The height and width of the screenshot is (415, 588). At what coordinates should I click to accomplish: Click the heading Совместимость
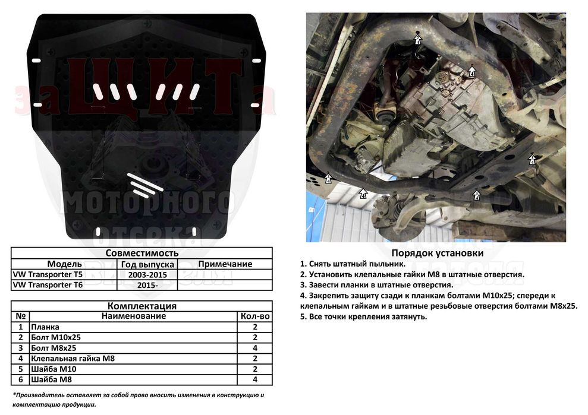click(x=142, y=253)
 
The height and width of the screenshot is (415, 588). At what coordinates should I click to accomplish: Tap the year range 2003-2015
click(x=147, y=275)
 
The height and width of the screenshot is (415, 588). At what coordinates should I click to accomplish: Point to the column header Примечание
click(x=225, y=264)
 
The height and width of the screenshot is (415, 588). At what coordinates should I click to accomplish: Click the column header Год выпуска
click(x=147, y=264)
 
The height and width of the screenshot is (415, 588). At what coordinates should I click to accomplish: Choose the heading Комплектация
click(x=142, y=306)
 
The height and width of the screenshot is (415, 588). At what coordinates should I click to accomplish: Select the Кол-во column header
click(x=255, y=316)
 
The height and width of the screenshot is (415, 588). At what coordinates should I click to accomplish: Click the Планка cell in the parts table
click(x=46, y=327)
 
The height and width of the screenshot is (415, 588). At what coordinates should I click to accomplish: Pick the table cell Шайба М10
click(x=55, y=369)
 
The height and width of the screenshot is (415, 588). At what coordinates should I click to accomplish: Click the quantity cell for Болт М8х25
click(x=255, y=348)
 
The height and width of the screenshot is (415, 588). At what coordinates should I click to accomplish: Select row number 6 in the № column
click(x=21, y=380)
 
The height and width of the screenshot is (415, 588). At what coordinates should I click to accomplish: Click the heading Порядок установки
click(x=437, y=253)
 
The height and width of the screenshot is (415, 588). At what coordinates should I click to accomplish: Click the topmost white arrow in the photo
click(x=417, y=40)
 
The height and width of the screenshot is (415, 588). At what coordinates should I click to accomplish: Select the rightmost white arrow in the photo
click(x=532, y=159)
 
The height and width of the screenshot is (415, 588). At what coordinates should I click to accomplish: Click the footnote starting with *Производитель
click(x=138, y=399)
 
